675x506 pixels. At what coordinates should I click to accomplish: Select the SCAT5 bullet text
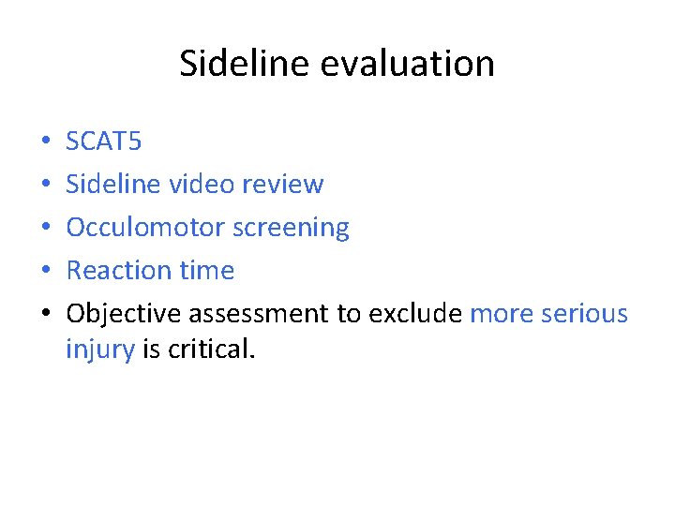click(x=104, y=141)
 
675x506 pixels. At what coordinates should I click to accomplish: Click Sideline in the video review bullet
click(x=114, y=184)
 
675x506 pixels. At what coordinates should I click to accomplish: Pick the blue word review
click(x=282, y=184)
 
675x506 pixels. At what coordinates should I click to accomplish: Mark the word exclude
click(x=415, y=313)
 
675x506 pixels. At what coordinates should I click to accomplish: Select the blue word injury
click(x=100, y=350)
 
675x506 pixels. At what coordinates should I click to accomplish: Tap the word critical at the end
click(x=212, y=350)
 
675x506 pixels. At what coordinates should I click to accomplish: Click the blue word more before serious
click(x=502, y=313)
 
